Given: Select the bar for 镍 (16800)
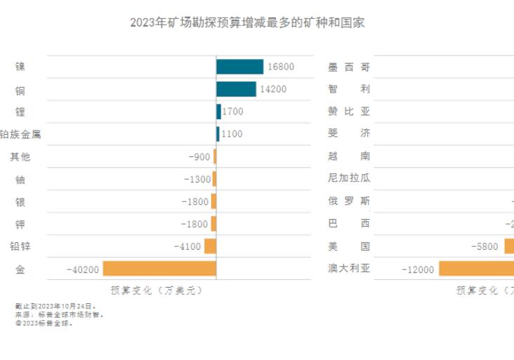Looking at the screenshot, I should (x=239, y=67).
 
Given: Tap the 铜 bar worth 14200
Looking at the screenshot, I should (x=236, y=89).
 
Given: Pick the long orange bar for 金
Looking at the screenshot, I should (x=159, y=269).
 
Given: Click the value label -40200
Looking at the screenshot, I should (x=82, y=269).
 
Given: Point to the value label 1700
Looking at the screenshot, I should (x=232, y=112).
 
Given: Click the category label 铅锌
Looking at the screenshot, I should (x=20, y=246).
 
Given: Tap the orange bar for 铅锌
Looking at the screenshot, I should (x=210, y=246).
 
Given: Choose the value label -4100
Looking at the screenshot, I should (x=187, y=246).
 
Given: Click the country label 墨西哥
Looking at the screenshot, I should (x=349, y=67).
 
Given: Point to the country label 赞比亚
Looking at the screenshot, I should (x=349, y=112).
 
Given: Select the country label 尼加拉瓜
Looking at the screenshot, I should (x=349, y=179).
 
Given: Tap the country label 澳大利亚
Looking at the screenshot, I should (x=349, y=269).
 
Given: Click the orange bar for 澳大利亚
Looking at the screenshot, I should (x=476, y=269).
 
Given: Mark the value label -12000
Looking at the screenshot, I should (x=417, y=269).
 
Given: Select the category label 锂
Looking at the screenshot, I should (x=20, y=112).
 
